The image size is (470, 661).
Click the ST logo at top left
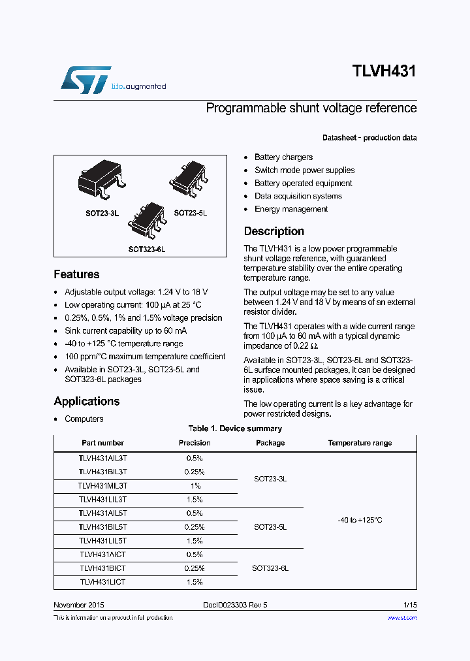coord(86,79)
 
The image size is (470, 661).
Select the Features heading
coord(76,274)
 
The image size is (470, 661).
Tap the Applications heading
coord(86,401)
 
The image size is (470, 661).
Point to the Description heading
coord(274,231)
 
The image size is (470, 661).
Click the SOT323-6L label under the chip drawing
coord(146,250)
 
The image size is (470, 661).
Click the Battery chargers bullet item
coord(283,157)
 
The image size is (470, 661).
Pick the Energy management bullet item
coord(291,209)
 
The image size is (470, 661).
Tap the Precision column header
coord(195,443)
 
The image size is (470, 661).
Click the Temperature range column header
coord(360,443)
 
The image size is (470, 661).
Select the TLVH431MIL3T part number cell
coord(102,486)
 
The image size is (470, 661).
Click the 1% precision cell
coord(195,486)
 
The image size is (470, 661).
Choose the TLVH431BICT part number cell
coord(102,568)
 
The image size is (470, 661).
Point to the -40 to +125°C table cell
coord(360,520)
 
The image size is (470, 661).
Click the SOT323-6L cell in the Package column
coord(270,568)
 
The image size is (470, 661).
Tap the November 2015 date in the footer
coord(78,605)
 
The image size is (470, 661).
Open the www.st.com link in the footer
coord(402,617)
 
